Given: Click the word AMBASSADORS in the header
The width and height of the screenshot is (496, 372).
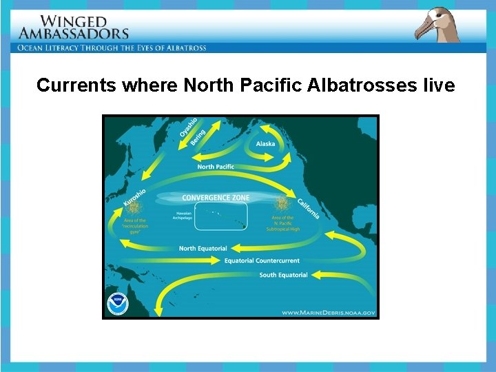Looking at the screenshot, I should tap(74, 33).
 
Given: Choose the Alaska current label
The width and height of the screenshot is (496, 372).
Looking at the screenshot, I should tap(265, 144).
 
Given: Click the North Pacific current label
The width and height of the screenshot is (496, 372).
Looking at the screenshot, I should tap(216, 167).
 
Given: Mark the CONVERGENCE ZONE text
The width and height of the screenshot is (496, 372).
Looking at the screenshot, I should tap(216, 198).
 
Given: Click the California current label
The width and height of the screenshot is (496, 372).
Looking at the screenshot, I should tap(308, 207).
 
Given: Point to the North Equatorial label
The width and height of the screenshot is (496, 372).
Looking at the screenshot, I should tap(202, 249).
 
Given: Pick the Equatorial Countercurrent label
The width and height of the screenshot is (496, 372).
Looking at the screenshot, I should tap(262, 261).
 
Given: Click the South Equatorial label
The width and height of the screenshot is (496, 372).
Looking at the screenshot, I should tap(283, 276).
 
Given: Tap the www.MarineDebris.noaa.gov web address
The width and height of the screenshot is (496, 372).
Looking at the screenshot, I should tap(328, 313).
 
